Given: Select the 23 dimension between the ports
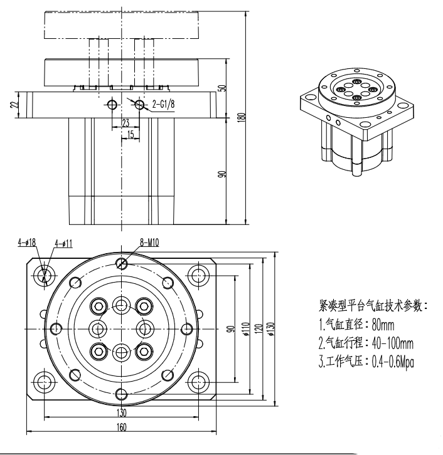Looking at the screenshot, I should [x=125, y=123].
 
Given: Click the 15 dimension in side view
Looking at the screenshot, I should [x=131, y=134].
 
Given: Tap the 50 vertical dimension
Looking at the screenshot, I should [x=221, y=88].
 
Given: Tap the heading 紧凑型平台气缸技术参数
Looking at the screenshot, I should [x=373, y=306].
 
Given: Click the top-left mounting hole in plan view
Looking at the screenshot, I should [x=45, y=274].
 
